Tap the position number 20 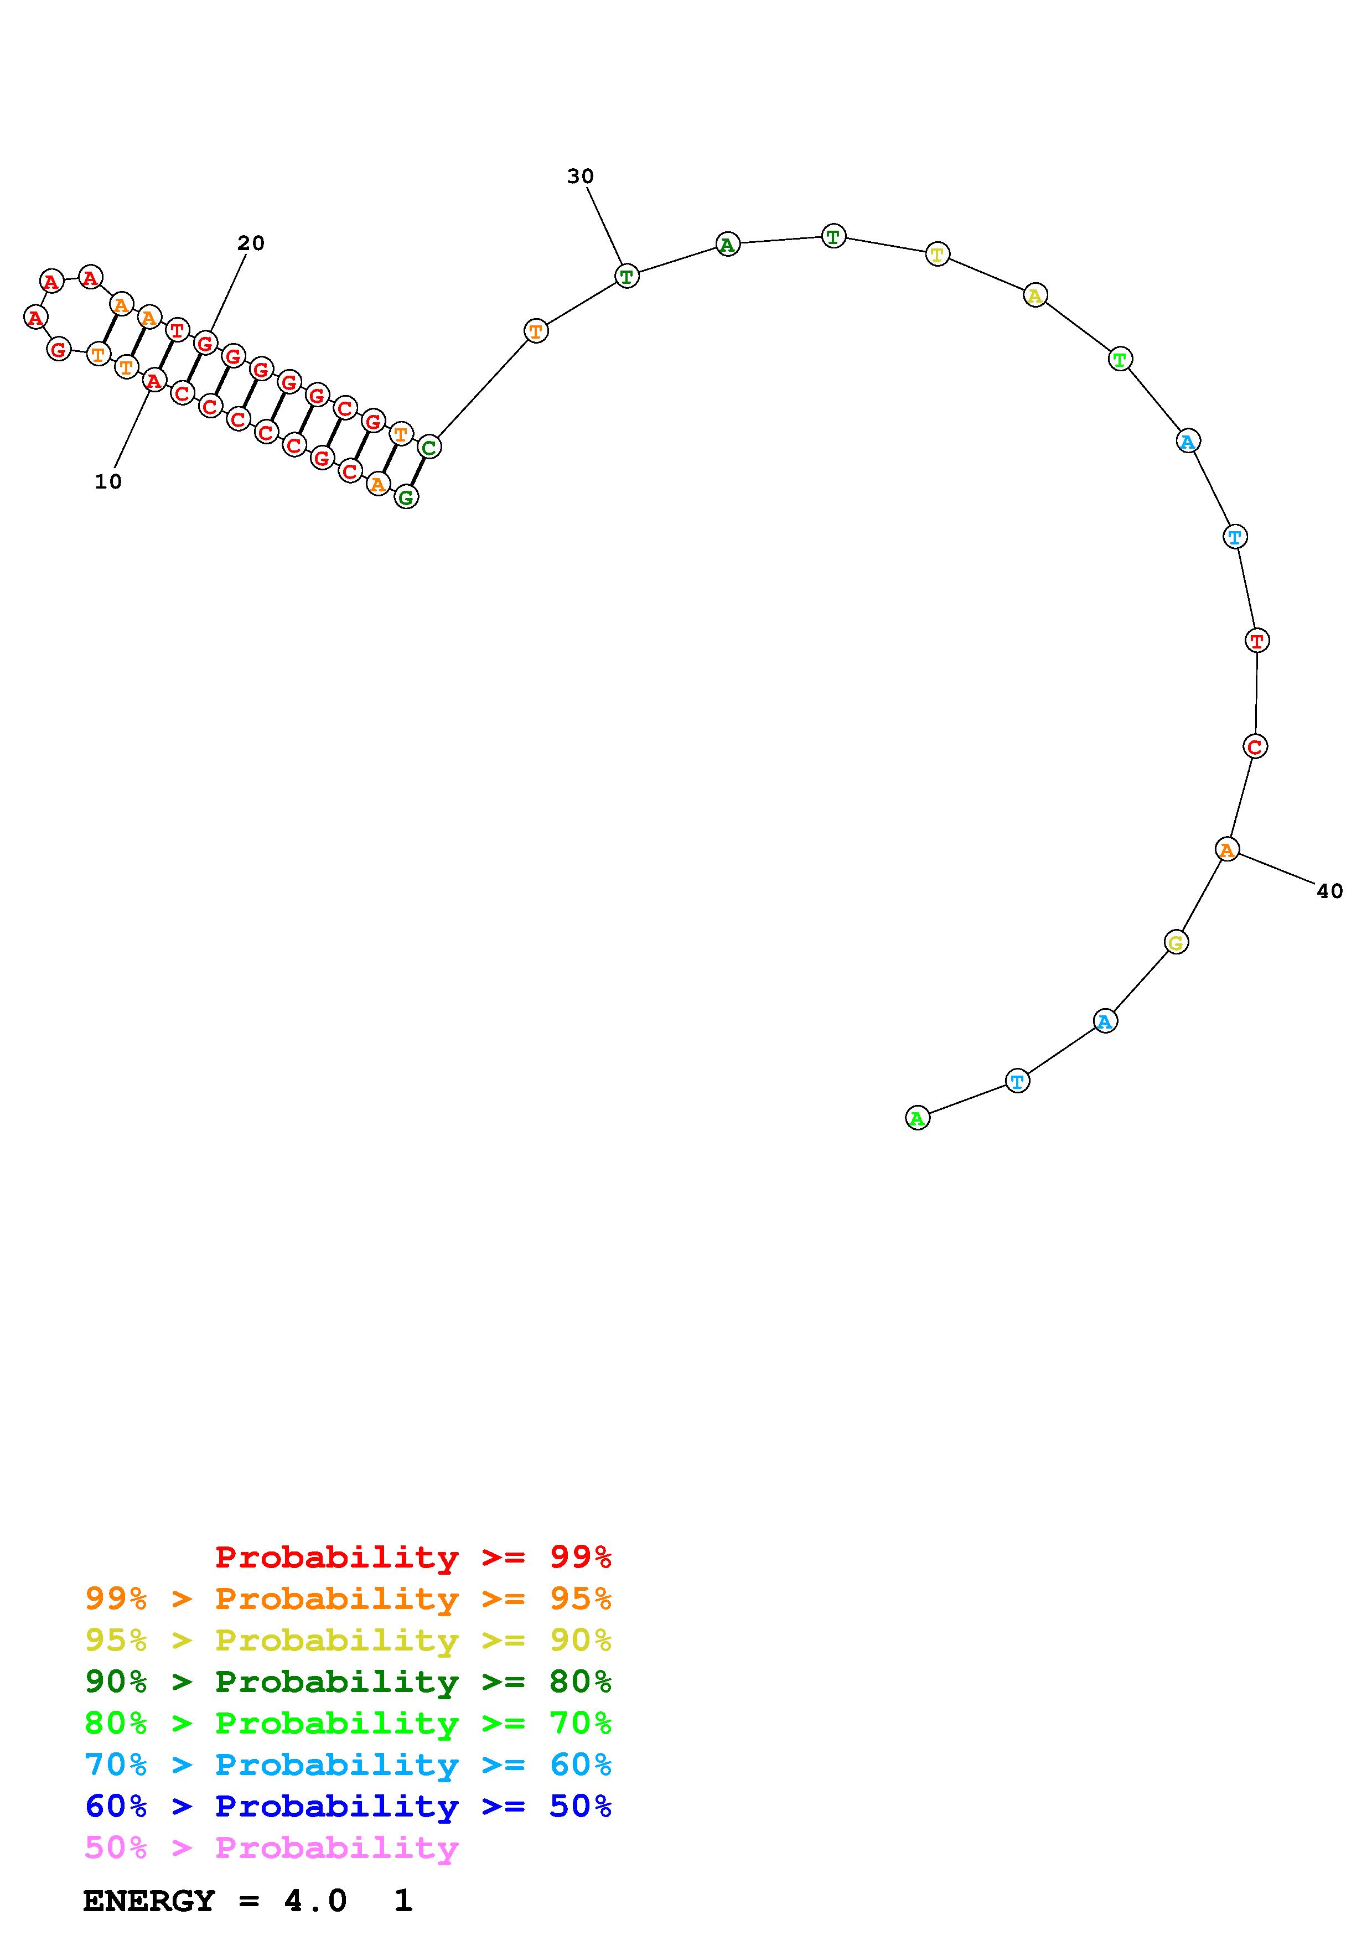[x=251, y=243]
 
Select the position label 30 [x=580, y=177]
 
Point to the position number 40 [x=1330, y=891]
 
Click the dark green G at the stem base [x=407, y=498]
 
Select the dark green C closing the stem [x=429, y=447]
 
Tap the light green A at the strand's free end [x=917, y=1118]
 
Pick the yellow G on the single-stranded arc [x=1176, y=942]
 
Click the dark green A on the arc [x=727, y=245]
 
